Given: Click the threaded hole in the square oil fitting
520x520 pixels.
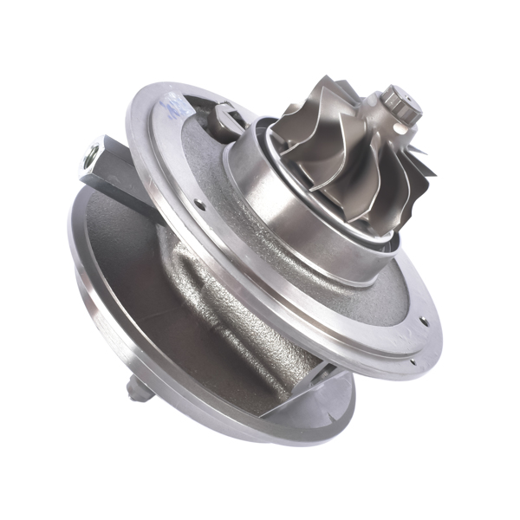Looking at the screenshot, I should pos(89,157).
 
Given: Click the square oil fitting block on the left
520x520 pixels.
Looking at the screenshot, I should pos(108,165).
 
